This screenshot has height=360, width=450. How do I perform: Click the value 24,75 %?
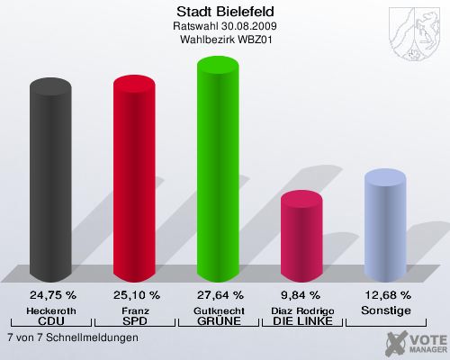tap(52, 294)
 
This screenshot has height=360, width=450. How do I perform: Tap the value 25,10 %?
tap(136, 294)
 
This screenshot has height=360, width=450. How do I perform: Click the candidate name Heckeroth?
tap(52, 310)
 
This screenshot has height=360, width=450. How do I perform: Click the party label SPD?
tap(136, 321)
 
